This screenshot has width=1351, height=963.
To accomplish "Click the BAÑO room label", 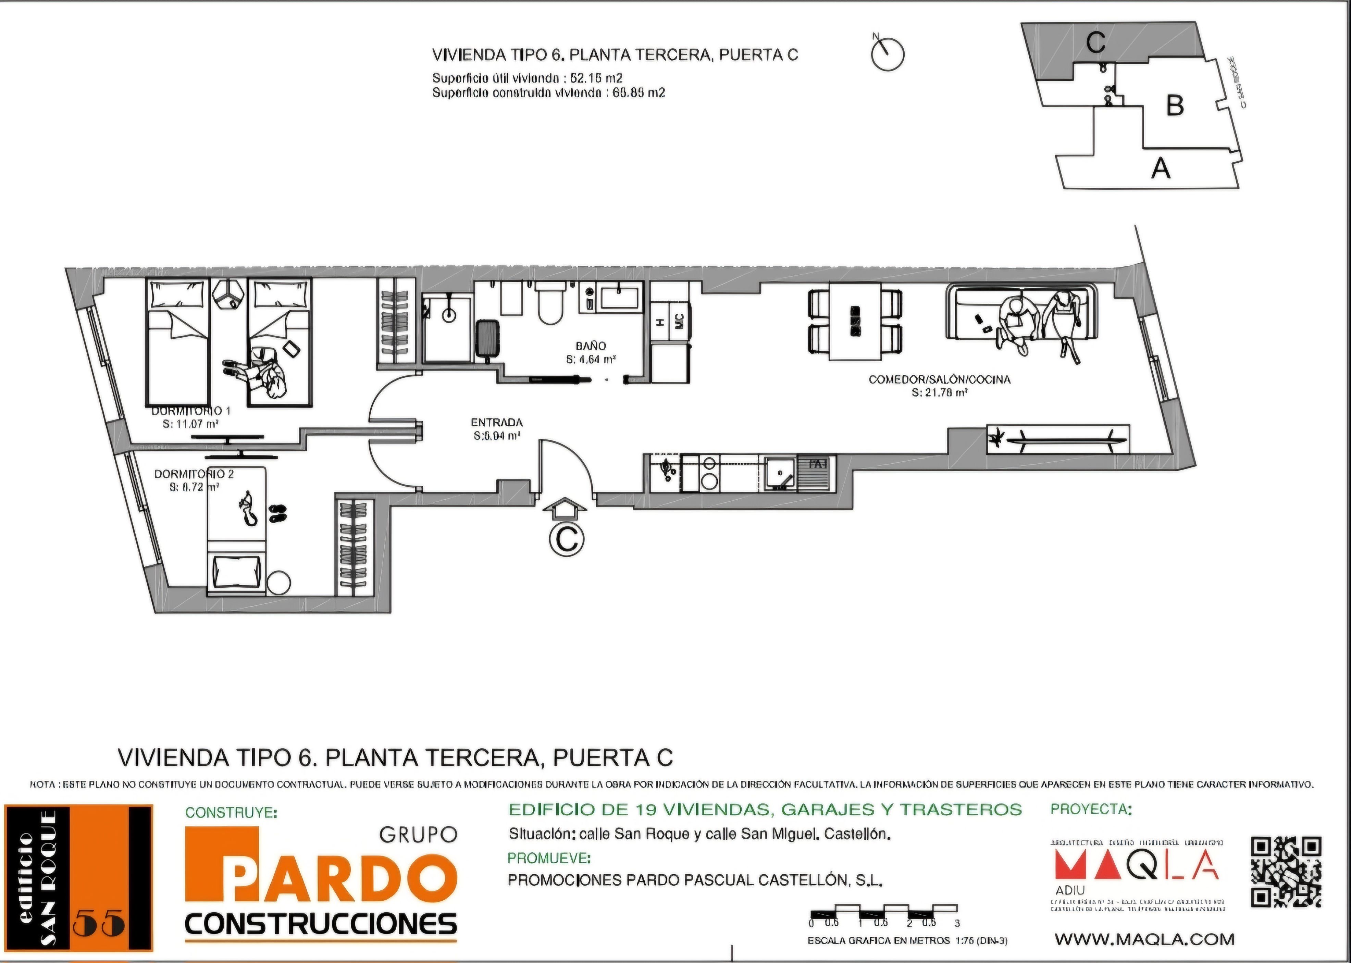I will [591, 346].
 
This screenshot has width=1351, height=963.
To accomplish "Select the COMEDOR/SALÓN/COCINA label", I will [939, 379].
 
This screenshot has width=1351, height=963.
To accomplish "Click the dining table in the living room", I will [855, 321].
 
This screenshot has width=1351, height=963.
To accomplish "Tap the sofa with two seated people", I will [1021, 313].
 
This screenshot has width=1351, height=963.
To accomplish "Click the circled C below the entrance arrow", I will [566, 540].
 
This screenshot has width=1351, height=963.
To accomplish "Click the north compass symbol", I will [887, 54].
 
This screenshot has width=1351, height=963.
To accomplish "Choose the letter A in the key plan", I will [1161, 168].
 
